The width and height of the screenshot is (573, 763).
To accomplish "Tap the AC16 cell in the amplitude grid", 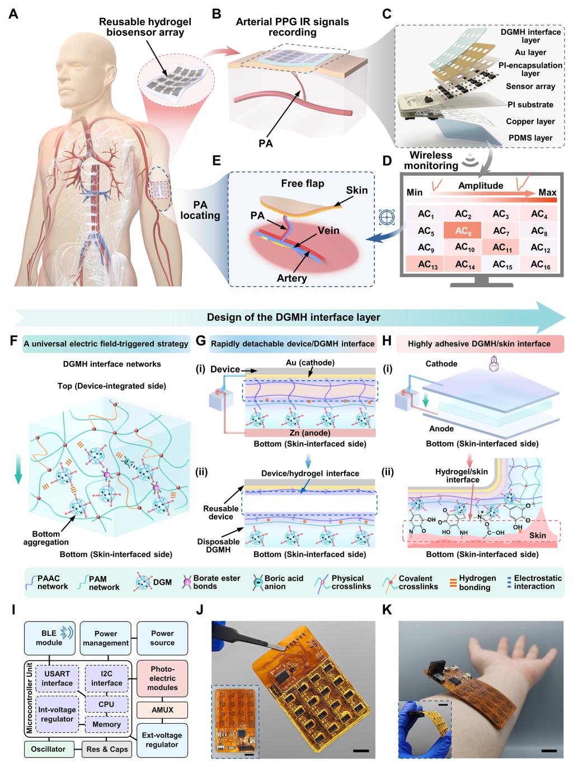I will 539,265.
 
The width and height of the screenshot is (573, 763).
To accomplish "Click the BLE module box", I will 49,638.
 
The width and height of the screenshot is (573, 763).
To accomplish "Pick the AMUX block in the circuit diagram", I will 162,710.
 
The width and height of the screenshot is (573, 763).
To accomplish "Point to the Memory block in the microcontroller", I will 106,724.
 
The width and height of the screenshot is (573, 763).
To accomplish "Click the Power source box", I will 162,638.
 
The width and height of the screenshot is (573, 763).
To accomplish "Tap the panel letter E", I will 217,162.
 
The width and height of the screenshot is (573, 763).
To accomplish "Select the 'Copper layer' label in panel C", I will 530,121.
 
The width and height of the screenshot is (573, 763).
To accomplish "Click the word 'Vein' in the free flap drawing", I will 328,231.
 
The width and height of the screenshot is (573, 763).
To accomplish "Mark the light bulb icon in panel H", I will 494,362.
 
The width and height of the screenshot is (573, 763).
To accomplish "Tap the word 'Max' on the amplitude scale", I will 547,193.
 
